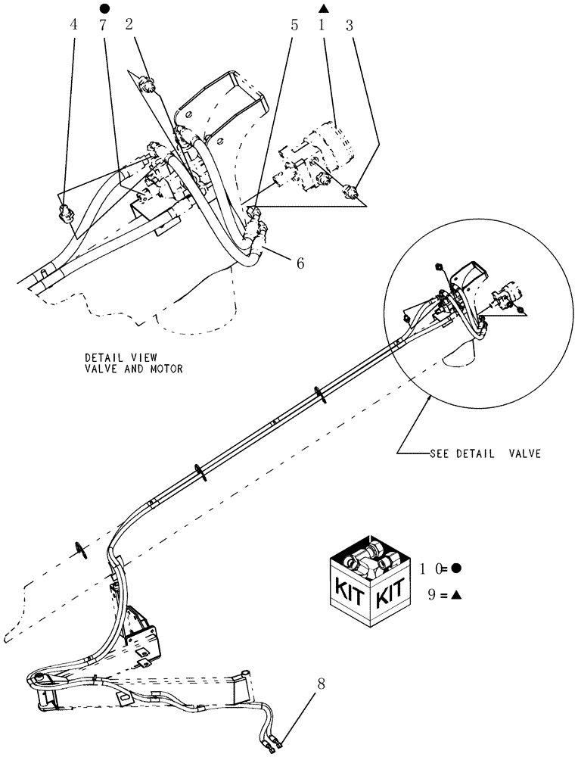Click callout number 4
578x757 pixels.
[73, 24]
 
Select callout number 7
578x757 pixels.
[103, 24]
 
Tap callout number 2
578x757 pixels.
[129, 24]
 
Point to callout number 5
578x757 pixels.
[294, 24]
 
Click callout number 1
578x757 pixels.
[322, 24]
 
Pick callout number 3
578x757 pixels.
[349, 24]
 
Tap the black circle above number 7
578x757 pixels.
[104, 8]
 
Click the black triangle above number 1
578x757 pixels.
[323, 8]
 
